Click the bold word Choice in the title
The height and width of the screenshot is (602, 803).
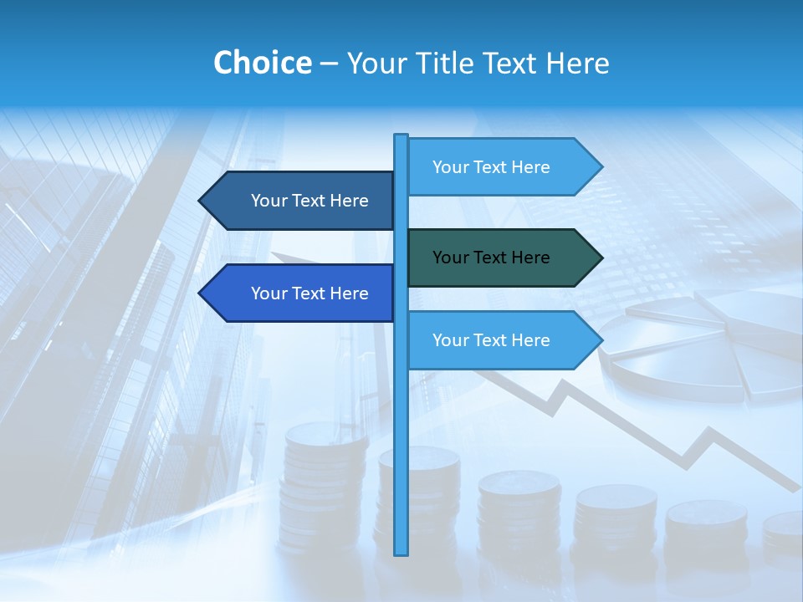point(262,63)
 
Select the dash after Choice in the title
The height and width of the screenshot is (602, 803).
point(329,64)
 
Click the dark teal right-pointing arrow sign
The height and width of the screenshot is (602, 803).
point(502,258)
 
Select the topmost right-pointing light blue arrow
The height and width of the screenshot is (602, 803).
point(502,167)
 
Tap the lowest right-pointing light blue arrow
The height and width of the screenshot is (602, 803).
point(502,340)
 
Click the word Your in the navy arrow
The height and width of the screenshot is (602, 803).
point(269,201)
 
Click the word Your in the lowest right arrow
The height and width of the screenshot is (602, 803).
point(450,340)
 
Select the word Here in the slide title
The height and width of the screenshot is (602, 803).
point(578,63)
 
